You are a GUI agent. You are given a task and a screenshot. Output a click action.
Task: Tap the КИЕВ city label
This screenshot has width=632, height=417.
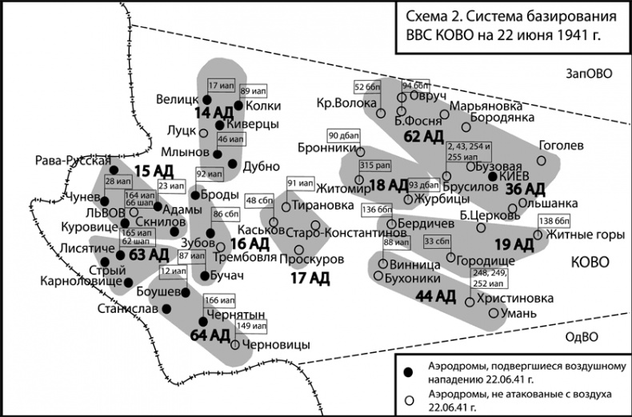click(x=516, y=175)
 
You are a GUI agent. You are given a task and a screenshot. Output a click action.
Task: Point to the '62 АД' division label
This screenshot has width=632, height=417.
click(x=422, y=137)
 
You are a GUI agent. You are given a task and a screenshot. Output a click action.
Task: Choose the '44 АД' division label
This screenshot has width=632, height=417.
click(x=435, y=296)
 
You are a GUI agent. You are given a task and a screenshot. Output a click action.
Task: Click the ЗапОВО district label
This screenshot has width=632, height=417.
click(x=588, y=74)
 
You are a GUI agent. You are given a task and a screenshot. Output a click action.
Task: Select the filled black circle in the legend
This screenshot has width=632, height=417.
click(x=408, y=373)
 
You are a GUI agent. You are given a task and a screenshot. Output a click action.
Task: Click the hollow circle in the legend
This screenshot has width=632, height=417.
click(x=408, y=398)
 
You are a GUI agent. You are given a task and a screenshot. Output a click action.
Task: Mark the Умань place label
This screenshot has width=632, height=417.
click(x=518, y=313)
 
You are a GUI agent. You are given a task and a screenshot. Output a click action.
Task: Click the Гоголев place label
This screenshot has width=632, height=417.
click(x=562, y=146)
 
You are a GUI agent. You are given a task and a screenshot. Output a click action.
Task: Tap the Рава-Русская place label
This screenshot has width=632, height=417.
click(x=73, y=161)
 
